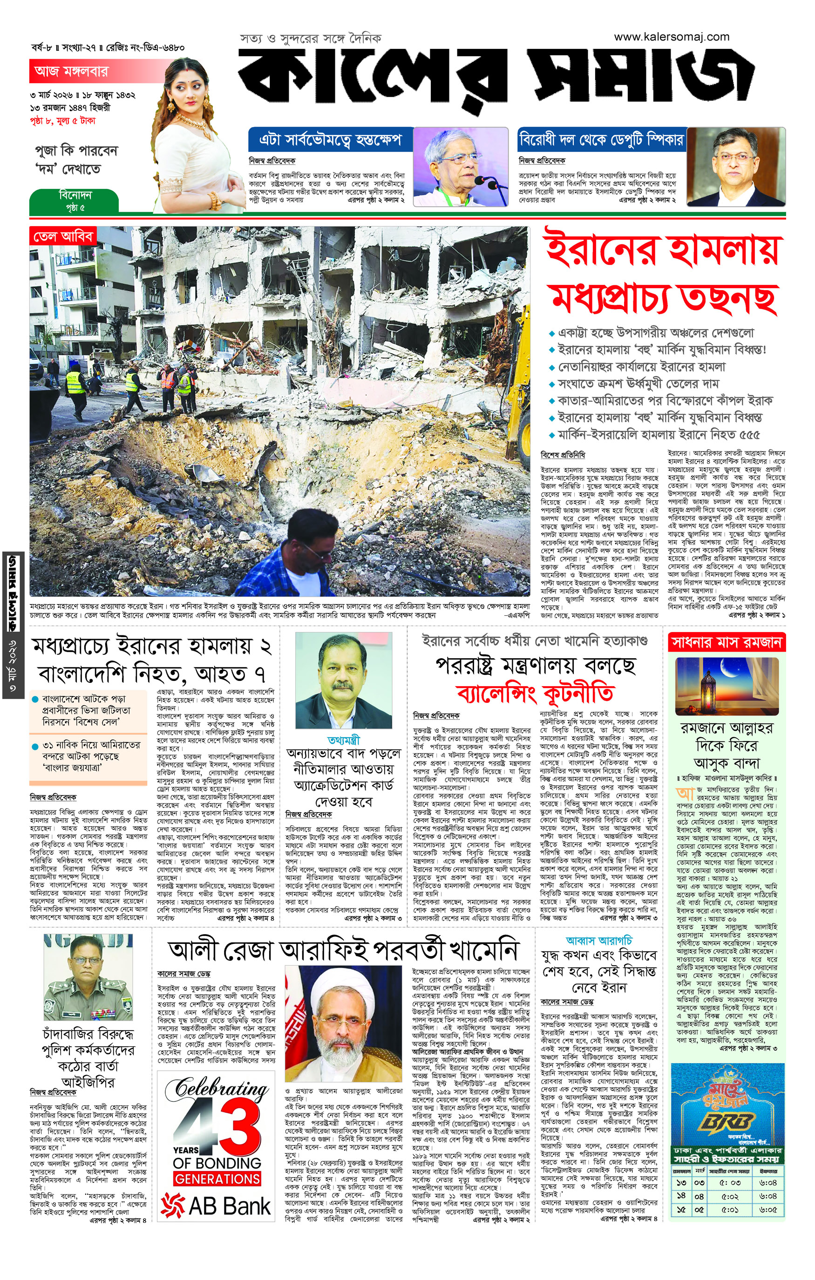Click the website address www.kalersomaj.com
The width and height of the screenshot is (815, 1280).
click(672, 37)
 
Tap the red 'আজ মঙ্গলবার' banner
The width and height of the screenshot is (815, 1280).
click(71, 71)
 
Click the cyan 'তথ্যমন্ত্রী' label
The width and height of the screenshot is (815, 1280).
click(344, 740)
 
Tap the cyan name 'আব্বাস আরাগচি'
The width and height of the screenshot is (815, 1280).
click(598, 941)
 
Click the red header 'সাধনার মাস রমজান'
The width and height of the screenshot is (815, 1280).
click(727, 643)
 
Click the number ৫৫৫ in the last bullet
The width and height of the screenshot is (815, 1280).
click(748, 435)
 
